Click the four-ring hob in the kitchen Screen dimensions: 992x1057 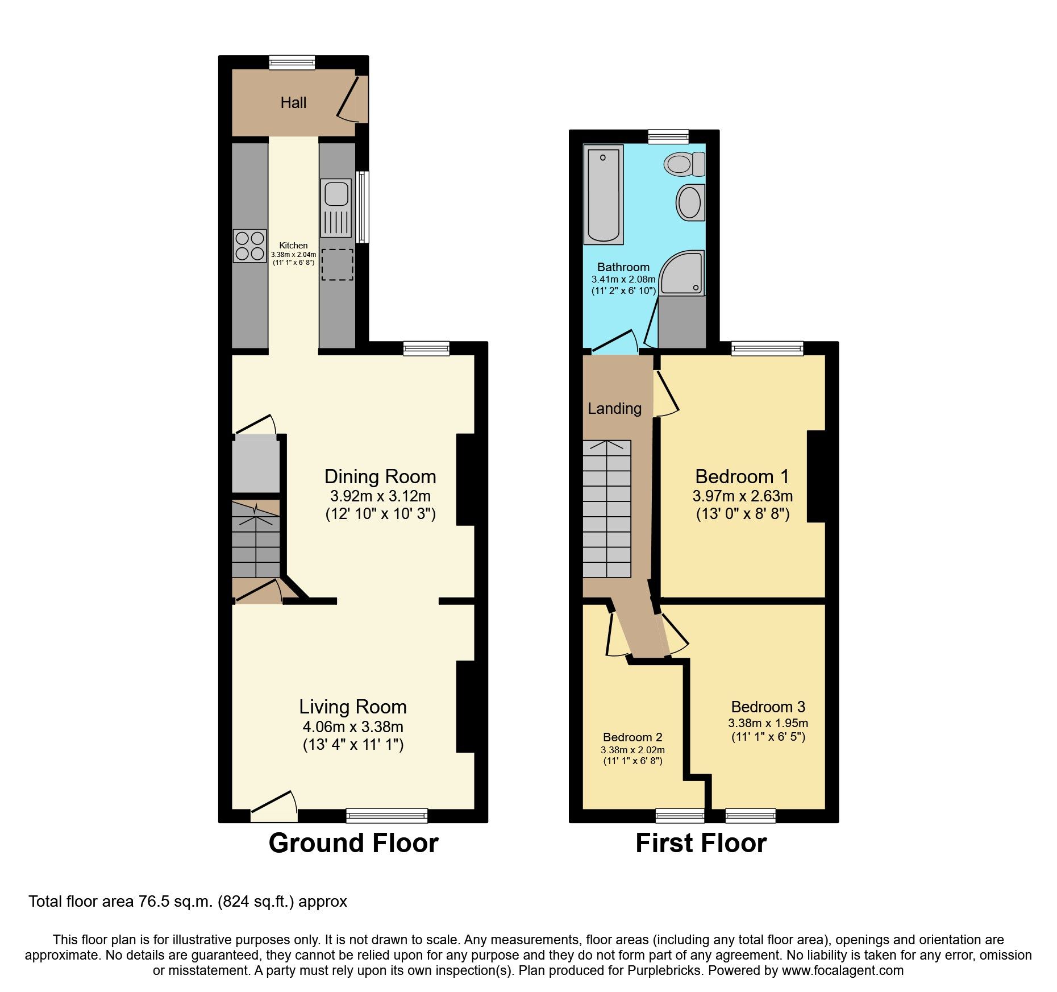[x=249, y=246]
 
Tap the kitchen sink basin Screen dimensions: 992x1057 [x=336, y=193]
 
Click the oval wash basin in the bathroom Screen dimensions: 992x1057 [x=690, y=202]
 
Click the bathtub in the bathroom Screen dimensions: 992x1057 [x=603, y=194]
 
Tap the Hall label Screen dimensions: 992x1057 [x=293, y=103]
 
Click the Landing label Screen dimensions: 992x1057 [x=614, y=408]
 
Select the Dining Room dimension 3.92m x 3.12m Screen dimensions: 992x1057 [x=380, y=496]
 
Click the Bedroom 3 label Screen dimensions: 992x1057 [x=768, y=707]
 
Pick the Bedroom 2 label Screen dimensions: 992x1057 [x=632, y=737]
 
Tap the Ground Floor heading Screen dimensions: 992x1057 [x=353, y=842]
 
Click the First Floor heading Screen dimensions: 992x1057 [x=701, y=842]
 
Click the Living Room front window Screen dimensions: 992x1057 [x=387, y=815]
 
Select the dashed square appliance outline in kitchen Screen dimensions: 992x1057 [x=337, y=264]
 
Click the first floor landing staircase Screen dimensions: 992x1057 [x=607, y=509]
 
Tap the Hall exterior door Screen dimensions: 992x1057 [x=352, y=99]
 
